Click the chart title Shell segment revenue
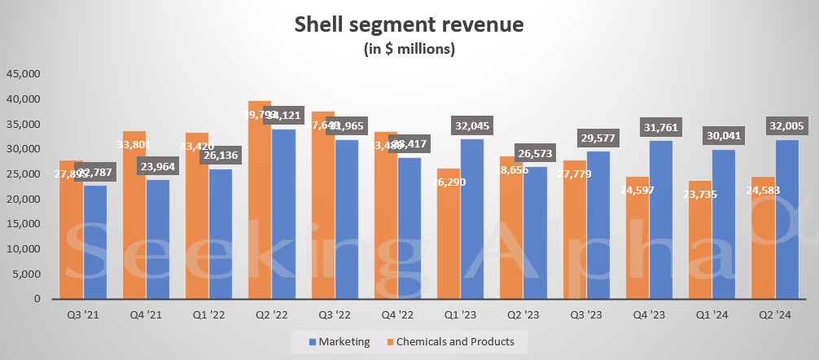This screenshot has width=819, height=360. [409, 24]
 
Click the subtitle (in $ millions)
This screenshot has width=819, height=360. [409, 49]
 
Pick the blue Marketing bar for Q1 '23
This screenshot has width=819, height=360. [472, 220]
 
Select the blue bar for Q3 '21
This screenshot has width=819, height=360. [94, 244]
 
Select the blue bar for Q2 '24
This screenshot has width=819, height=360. [786, 220]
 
